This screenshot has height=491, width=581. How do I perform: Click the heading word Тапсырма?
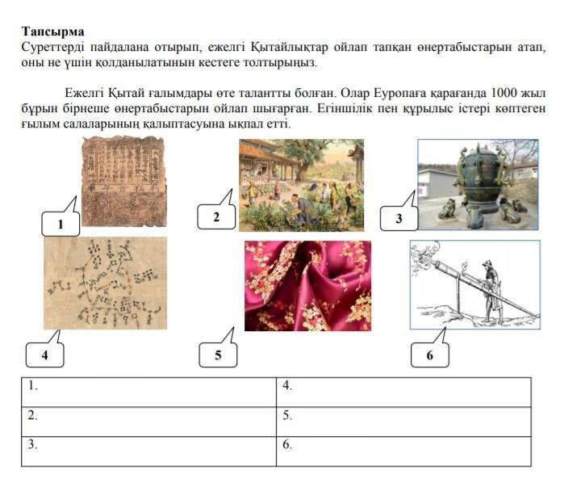53,31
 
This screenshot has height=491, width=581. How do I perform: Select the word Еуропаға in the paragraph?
399,93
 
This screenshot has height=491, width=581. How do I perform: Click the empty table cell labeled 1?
149,392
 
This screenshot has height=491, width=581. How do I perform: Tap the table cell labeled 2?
149,422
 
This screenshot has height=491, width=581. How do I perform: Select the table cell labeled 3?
149,451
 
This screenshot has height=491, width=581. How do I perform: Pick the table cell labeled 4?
403,392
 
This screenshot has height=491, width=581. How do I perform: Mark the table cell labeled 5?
403,422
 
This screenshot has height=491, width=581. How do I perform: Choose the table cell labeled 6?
403,451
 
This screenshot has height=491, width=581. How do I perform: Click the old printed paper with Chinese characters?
123,182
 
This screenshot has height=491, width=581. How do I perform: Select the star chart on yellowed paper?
105,283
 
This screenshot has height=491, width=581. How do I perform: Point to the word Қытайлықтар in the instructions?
290,48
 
